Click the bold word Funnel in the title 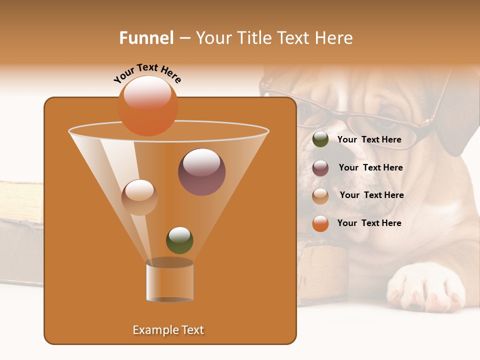[x=146, y=38]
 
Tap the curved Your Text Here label [x=147, y=73]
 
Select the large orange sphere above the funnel [x=148, y=106]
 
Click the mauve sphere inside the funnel [x=201, y=172]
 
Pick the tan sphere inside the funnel [x=139, y=197]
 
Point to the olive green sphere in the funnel [x=179, y=240]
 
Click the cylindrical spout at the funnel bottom [x=169, y=281]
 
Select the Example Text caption [x=168, y=330]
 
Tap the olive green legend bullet [x=320, y=139]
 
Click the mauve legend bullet [x=320, y=168]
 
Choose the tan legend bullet [x=320, y=196]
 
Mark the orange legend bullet [x=320, y=223]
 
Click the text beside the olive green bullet [x=369, y=139]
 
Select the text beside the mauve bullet [x=370, y=167]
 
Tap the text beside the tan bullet [x=371, y=195]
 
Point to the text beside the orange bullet [x=369, y=223]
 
